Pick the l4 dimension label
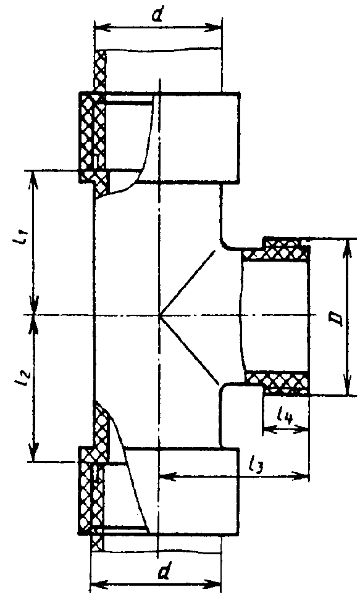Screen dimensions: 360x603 285,415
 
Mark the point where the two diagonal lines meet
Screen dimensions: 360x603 159,315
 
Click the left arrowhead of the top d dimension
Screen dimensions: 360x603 101,28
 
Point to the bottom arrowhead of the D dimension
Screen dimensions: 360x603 348,387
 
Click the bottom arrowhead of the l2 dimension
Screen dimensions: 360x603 35,453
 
